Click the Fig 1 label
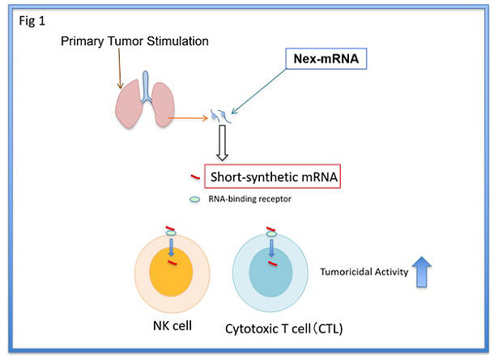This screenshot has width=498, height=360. click(x=32, y=21)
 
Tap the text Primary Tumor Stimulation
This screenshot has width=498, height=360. click(x=134, y=41)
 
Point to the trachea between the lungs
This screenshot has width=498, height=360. click(x=146, y=87)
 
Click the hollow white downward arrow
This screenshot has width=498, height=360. click(x=223, y=142)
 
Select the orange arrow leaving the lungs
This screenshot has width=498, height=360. click(x=188, y=118)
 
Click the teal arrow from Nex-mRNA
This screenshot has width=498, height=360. click(x=259, y=91)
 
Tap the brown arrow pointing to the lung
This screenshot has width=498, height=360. click(x=120, y=68)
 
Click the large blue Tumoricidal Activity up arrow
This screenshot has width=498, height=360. click(x=421, y=272)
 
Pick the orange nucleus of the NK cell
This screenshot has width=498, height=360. click(x=171, y=272)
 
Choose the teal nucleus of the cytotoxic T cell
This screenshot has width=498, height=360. click(x=270, y=273)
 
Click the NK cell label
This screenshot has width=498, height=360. click(x=172, y=326)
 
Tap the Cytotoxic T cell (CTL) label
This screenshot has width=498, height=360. click(x=284, y=328)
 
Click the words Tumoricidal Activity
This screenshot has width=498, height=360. click(x=364, y=272)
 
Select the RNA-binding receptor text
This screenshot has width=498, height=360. click(x=249, y=199)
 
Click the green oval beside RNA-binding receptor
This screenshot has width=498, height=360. click(x=194, y=199)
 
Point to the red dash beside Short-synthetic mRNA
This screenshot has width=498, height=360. click(x=195, y=177)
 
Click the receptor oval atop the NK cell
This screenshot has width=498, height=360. click(x=171, y=233)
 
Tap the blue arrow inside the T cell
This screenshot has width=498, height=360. click(x=271, y=248)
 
